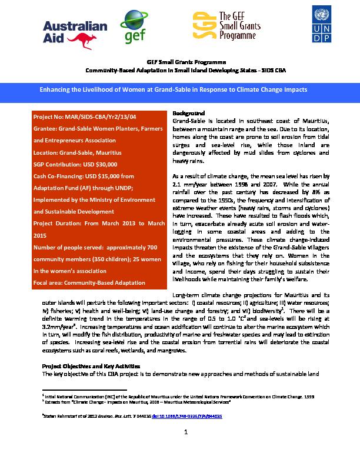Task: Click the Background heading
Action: [x=188, y=113]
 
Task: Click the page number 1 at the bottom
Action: [x=185, y=434]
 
